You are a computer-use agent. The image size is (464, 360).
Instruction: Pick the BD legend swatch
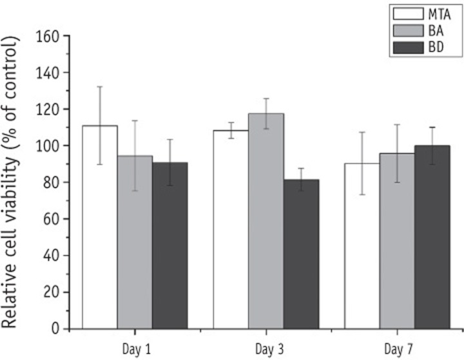pyautogui.click(x=407, y=47)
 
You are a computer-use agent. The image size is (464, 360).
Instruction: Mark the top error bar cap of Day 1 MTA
pyautogui.click(x=99, y=87)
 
